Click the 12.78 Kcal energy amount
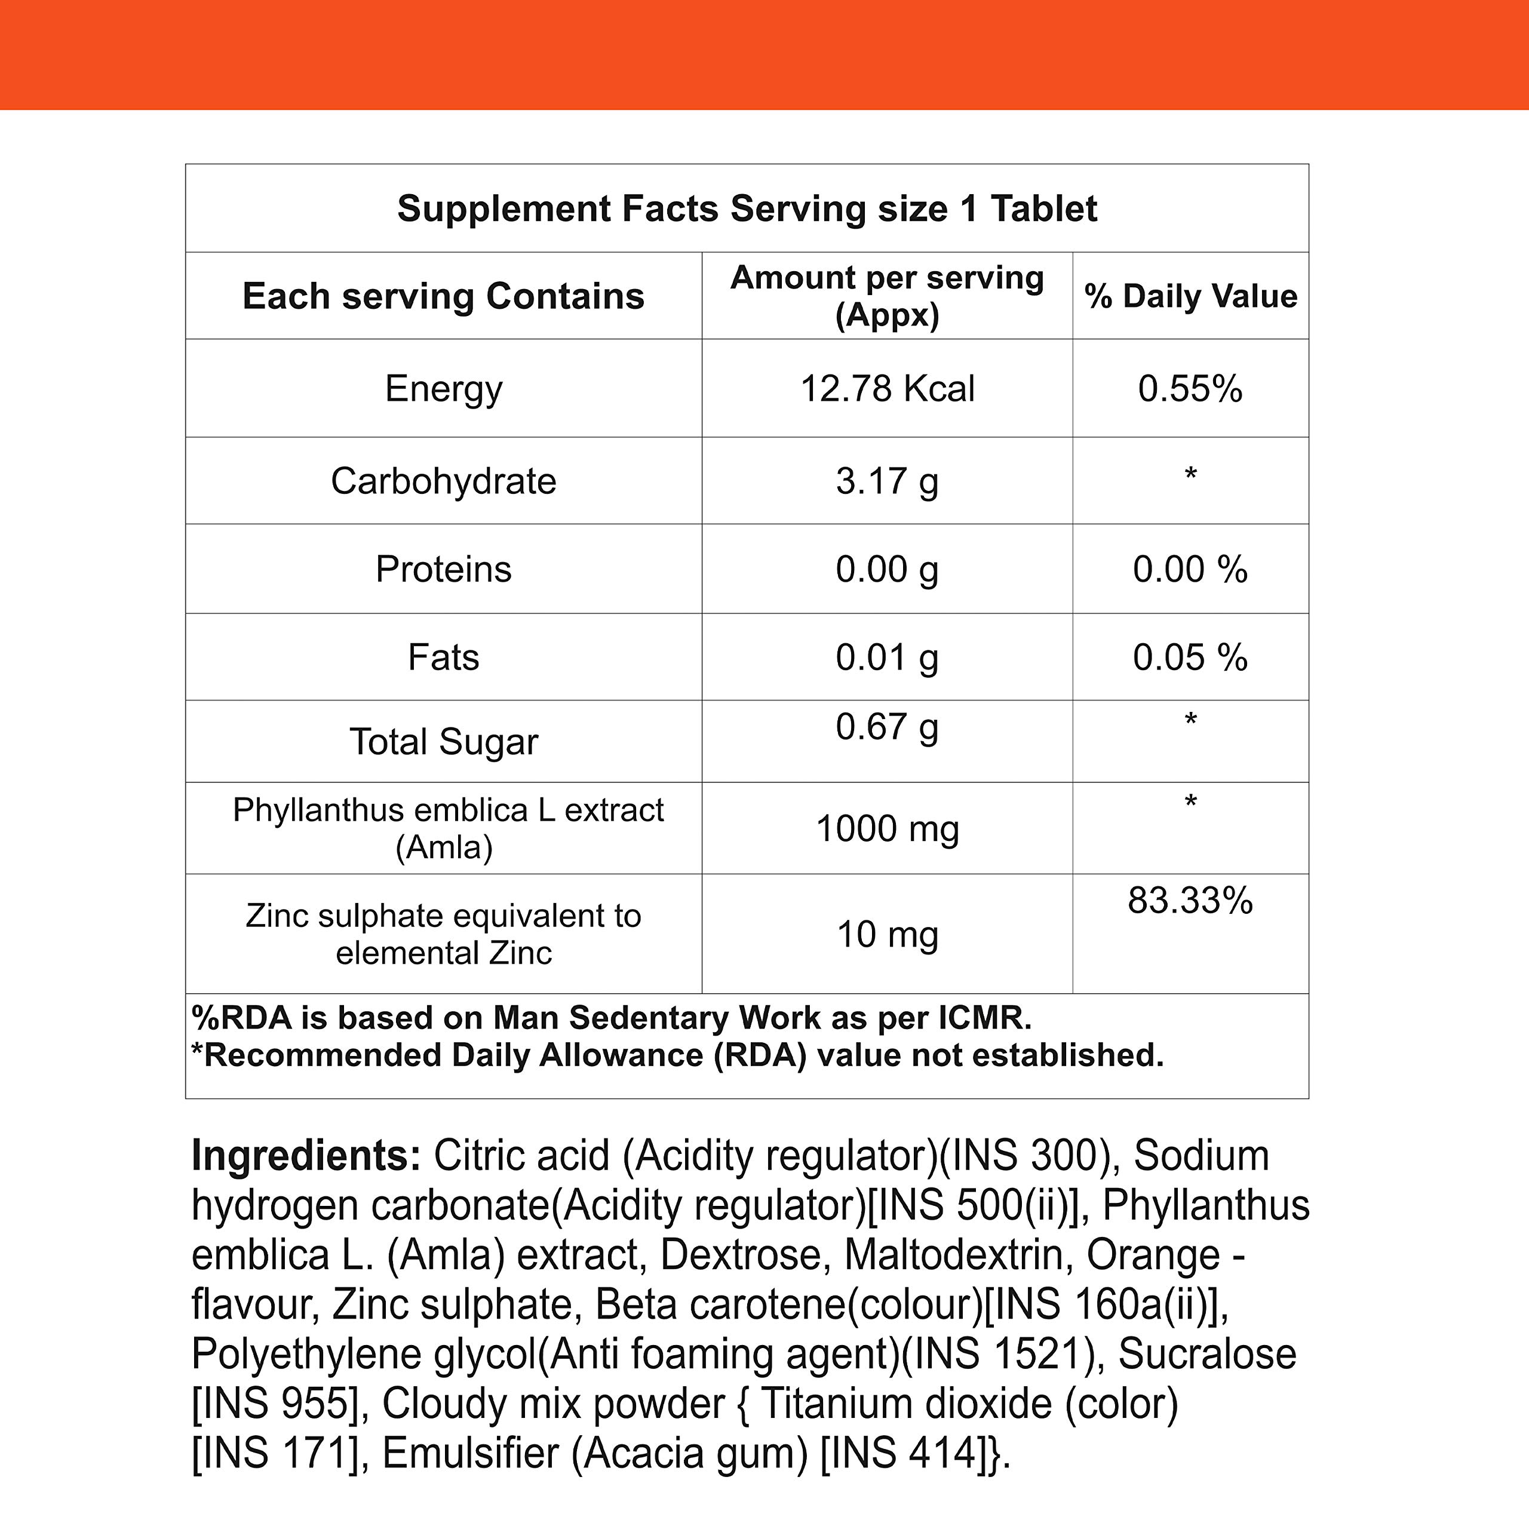tap(887, 389)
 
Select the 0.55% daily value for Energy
tap(1190, 389)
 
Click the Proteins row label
tap(443, 569)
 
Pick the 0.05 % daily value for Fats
tap(1190, 657)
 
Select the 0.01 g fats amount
tap(887, 657)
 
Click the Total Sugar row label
tap(443, 742)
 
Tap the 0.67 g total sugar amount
tap(887, 726)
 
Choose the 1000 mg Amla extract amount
tap(887, 828)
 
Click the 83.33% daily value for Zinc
tap(1190, 901)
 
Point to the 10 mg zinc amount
tap(887, 935)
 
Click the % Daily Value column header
tap(1190, 296)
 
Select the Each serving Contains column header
tap(443, 296)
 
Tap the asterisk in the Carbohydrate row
tap(1190, 475)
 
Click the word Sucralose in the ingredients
tap(1207, 1354)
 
